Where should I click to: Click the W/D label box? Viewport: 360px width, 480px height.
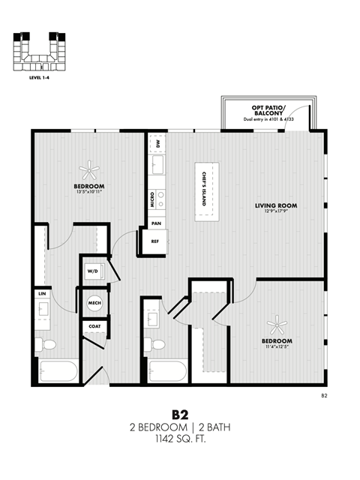click(x=93, y=270)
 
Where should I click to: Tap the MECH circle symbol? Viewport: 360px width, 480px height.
click(x=94, y=303)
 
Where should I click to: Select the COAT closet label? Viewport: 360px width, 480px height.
click(x=94, y=326)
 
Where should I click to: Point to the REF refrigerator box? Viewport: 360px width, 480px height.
click(x=155, y=241)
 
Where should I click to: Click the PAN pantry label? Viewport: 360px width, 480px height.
click(x=156, y=223)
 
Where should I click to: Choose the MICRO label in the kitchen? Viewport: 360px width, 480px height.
click(x=153, y=199)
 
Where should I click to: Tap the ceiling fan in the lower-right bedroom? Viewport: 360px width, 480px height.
click(x=277, y=325)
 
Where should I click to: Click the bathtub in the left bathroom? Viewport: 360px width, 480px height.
click(x=56, y=373)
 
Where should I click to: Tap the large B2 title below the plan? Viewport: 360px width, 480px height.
click(x=180, y=414)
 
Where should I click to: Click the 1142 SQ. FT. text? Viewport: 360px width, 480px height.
click(x=180, y=439)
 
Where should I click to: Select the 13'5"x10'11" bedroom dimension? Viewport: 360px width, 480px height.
click(x=88, y=192)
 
